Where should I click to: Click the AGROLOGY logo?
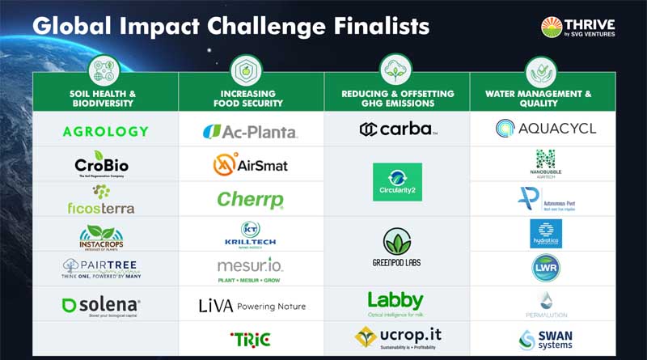[x=105, y=131]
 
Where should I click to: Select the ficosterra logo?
[x=101, y=199]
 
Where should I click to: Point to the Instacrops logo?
[x=101, y=236]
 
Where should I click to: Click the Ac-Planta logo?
[x=250, y=131]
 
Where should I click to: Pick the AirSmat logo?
[x=250, y=164]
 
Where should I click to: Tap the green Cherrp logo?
[x=250, y=199]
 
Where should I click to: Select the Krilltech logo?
[x=250, y=234]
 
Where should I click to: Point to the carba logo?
[x=398, y=129]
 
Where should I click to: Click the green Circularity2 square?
[x=397, y=181]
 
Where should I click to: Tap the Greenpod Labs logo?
[x=397, y=248]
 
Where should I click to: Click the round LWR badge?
[x=545, y=269]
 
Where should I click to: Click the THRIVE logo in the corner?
[x=577, y=28]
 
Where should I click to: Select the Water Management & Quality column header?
[x=543, y=99]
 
